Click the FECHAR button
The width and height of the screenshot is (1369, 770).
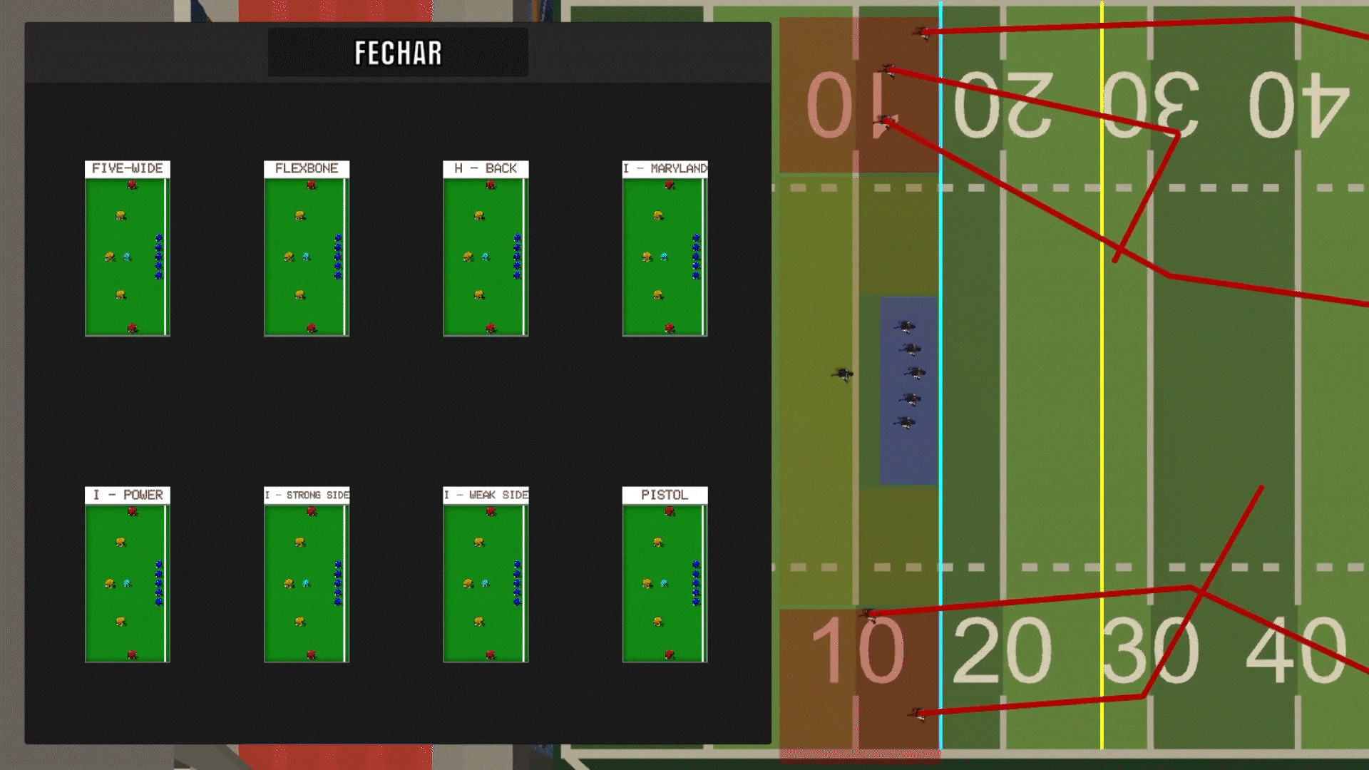tap(398, 53)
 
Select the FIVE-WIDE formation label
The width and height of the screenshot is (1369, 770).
tap(128, 168)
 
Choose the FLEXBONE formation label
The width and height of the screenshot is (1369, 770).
tap(307, 168)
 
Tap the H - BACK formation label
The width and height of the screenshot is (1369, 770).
tap(486, 168)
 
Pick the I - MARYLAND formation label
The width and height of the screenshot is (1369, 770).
tap(665, 168)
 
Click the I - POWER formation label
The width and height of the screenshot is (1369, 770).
tap(128, 495)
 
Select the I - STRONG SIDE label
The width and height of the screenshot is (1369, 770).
tap(307, 495)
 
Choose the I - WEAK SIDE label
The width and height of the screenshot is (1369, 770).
tap(486, 495)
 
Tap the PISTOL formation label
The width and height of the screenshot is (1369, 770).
tap(665, 495)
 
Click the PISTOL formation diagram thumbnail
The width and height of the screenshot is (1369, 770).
tap(665, 583)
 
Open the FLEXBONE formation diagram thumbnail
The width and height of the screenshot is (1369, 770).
tap(307, 257)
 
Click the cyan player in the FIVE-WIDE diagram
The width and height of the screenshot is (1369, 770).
tap(128, 257)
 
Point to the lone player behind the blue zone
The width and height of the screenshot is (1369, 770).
tap(843, 374)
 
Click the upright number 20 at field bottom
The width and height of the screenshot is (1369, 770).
tap(1002, 650)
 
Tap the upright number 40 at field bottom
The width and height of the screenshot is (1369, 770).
tap(1296, 650)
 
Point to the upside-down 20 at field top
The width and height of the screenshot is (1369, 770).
tap(1003, 106)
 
